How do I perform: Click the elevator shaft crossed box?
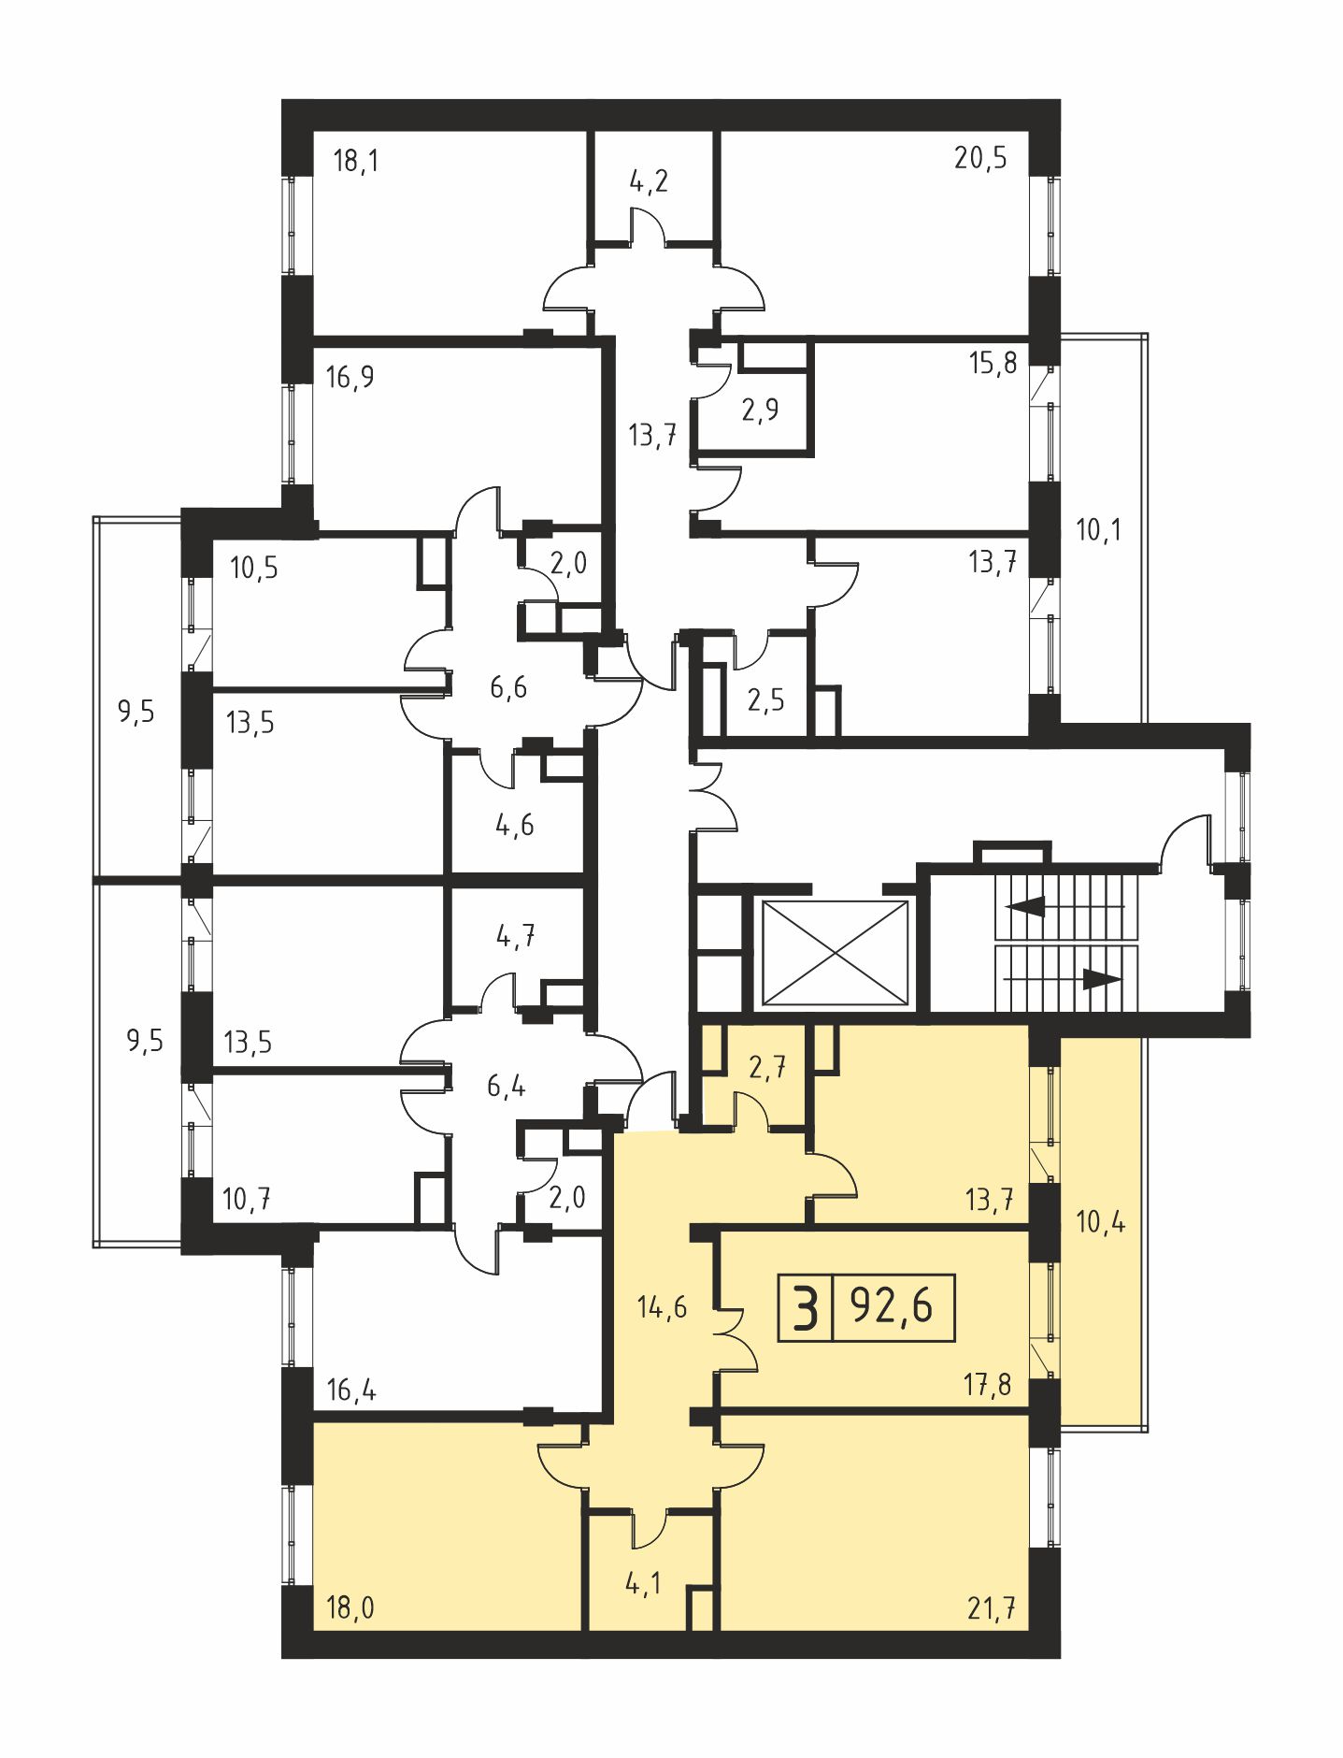[836, 954]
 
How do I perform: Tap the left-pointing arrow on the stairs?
[1064, 906]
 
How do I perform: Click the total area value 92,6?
[892, 1305]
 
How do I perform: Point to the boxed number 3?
[805, 1306]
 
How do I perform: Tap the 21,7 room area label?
[992, 1609]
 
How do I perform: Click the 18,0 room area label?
[350, 1608]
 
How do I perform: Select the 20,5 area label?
[980, 158]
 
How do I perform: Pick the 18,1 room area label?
[356, 161]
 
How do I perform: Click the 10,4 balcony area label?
[1101, 1221]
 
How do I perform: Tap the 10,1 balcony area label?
[1098, 530]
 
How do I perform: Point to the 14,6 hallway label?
[662, 1306]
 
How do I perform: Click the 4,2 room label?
[649, 180]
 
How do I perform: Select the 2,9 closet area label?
[760, 410]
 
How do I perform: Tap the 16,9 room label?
[350, 377]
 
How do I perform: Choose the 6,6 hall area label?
[508, 687]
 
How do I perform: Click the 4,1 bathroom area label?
[644, 1584]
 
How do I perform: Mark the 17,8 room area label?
[988, 1384]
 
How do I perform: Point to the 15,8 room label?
[993, 362]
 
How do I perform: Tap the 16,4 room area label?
[351, 1391]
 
